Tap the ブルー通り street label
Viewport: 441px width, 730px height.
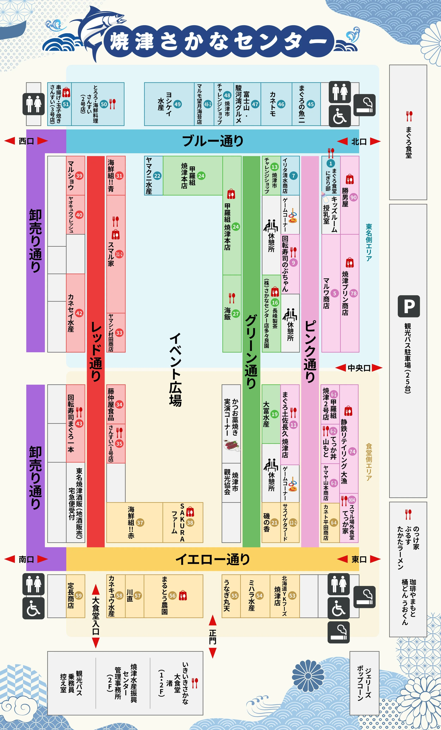click(x=212, y=141)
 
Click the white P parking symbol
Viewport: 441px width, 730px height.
click(x=409, y=306)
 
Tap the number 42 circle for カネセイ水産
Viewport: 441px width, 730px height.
click(x=79, y=313)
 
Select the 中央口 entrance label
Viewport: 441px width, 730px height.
click(x=359, y=368)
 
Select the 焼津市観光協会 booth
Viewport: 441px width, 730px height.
click(x=231, y=483)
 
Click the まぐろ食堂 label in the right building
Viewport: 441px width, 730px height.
click(x=409, y=142)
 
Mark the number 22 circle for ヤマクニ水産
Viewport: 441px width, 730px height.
click(x=157, y=176)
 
